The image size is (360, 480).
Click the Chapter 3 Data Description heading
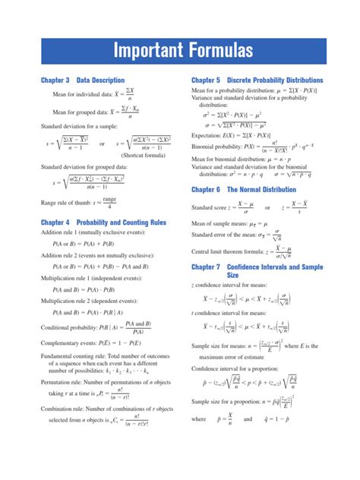point(82,80)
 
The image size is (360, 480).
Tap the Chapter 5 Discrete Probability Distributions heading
point(257,80)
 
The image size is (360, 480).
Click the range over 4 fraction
point(109,202)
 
